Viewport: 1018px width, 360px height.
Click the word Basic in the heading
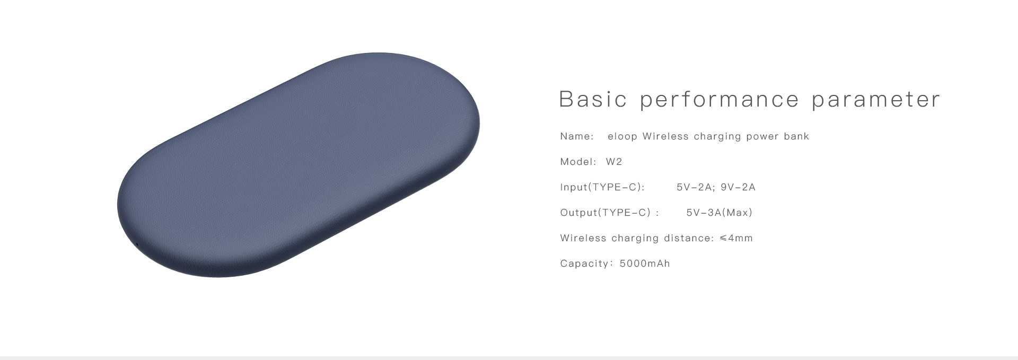[x=593, y=99]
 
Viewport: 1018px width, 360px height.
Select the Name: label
[x=577, y=136]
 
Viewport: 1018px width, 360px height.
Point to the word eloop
[x=622, y=137]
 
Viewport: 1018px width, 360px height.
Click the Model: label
[x=578, y=162]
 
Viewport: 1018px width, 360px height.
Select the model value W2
[x=614, y=162]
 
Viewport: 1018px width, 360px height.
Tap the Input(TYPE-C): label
[x=602, y=187]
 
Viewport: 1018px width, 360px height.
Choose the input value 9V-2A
[x=738, y=187]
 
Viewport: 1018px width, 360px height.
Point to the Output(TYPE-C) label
[x=605, y=213]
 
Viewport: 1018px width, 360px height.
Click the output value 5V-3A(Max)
[x=719, y=213]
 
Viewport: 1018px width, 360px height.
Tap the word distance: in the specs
[x=689, y=238]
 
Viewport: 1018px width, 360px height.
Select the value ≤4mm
[x=736, y=238]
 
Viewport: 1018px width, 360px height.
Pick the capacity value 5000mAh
[x=645, y=264]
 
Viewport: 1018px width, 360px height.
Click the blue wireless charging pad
[x=298, y=164]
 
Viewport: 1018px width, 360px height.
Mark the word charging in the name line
[x=717, y=137]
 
